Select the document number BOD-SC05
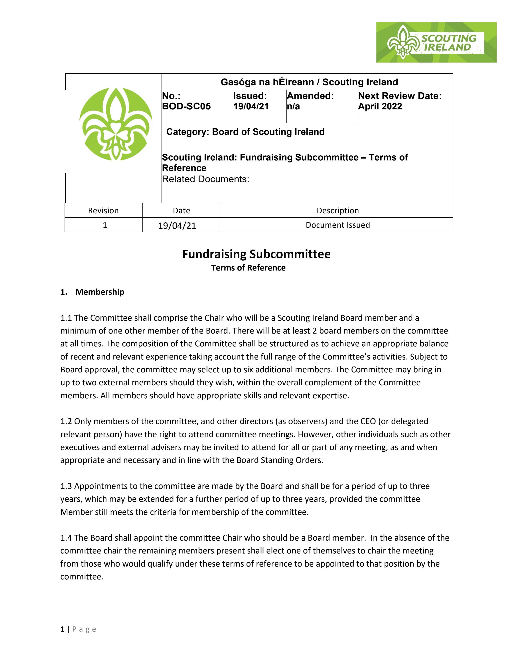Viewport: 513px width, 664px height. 186,106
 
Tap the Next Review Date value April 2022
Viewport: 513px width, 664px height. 380,106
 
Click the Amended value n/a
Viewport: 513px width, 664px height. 293,106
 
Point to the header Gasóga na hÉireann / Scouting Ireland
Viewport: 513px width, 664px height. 309,82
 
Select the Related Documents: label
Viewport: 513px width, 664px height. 205,179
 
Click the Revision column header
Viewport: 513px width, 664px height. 103,210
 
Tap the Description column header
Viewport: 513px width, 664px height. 338,210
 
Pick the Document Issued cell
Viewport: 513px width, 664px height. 338,225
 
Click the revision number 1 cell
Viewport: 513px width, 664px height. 105,225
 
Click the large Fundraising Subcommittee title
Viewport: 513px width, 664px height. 256,254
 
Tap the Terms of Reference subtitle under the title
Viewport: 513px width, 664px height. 248,268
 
